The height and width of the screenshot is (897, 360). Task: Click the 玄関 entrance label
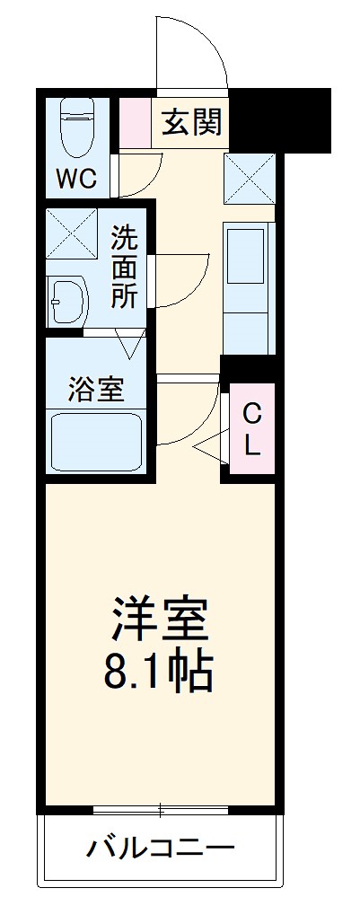191,123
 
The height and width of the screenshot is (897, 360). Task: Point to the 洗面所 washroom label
125,267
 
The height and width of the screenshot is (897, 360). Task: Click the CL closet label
252,428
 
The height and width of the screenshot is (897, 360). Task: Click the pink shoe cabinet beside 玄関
136,122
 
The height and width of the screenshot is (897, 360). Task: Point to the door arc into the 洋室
190,409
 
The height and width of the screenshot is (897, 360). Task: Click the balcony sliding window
161,810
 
